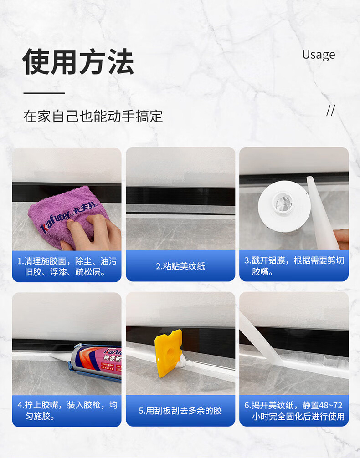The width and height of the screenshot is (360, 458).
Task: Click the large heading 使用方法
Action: click(78, 61)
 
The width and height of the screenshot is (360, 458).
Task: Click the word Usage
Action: click(319, 55)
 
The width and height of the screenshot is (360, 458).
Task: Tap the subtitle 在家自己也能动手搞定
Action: click(93, 116)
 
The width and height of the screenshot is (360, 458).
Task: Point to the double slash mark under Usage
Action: click(330, 111)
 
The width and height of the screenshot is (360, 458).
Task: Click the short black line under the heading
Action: click(44, 93)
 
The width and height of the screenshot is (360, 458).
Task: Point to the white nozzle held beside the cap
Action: click(322, 213)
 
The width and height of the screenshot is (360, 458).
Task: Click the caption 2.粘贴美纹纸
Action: click(180, 266)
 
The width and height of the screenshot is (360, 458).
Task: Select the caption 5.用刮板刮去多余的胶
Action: click(180, 411)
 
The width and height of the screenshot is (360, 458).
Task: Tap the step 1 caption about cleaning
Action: click(67, 266)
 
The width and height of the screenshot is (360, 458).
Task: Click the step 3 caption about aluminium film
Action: click(294, 266)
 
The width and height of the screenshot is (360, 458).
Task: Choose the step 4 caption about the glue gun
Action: click(67, 410)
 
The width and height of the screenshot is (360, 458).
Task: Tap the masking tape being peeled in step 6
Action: click(260, 339)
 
